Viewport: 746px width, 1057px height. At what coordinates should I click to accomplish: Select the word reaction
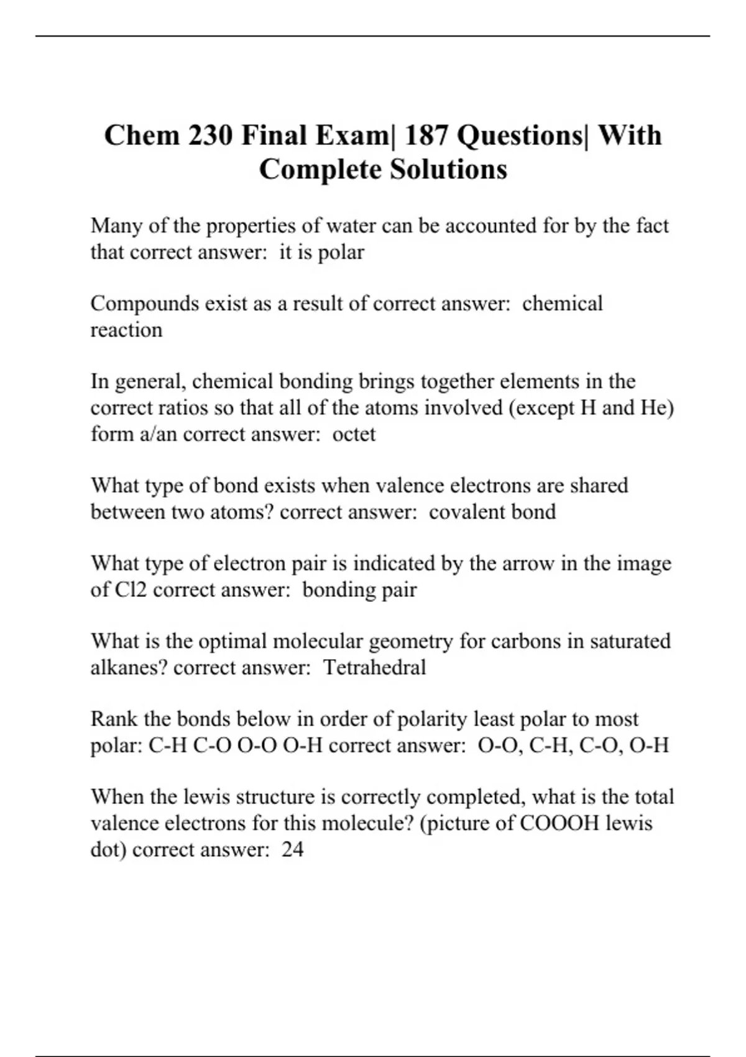pos(126,330)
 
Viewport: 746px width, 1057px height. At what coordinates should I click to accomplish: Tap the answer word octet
pos(354,434)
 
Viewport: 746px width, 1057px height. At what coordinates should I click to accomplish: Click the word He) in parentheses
pos(658,408)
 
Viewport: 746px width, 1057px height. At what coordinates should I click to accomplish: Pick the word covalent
pos(467,512)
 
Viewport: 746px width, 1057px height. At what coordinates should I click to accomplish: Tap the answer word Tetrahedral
pos(375,668)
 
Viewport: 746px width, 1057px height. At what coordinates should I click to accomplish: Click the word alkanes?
pos(129,668)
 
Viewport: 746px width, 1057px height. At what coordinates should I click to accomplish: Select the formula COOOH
pos(559,823)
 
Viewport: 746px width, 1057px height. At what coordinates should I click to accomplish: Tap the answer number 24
pos(292,849)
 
